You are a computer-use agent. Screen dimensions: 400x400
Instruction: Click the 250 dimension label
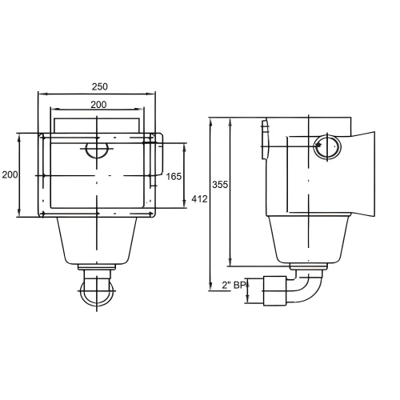pyautogui.click(x=100, y=86)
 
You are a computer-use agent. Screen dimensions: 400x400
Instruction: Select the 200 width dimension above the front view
pyautogui.click(x=98, y=105)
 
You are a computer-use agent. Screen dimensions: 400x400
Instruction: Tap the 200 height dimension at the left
pyautogui.click(x=10, y=174)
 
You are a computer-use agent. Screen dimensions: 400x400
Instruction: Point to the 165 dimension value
pyautogui.click(x=174, y=176)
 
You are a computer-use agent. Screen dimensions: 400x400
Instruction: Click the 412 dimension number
pyautogui.click(x=199, y=199)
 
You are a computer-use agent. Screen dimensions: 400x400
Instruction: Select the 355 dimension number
pyautogui.click(x=220, y=184)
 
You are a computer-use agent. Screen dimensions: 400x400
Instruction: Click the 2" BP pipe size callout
pyautogui.click(x=234, y=286)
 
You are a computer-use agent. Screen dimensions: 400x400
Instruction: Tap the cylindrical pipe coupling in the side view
pyautogui.click(x=274, y=291)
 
